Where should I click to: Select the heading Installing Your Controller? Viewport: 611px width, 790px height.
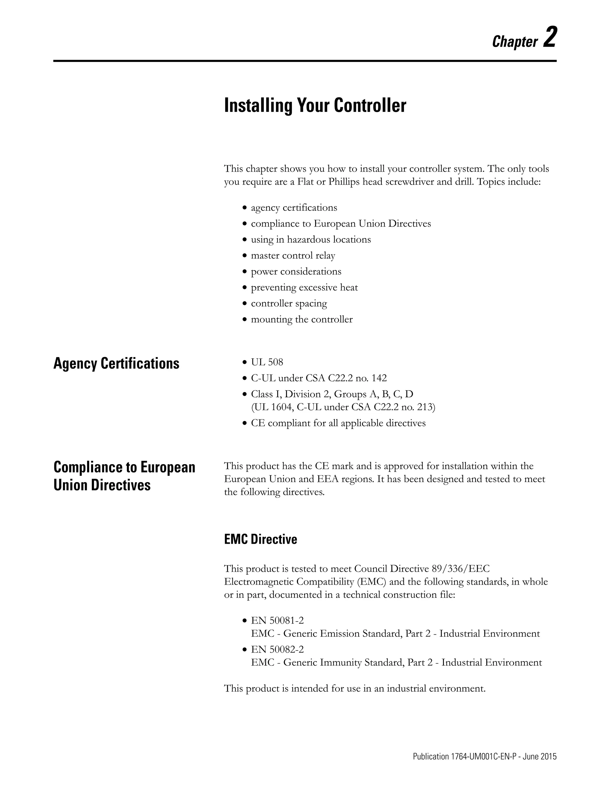[315, 106]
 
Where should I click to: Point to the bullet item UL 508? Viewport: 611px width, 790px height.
[267, 362]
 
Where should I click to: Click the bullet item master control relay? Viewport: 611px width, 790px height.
[293, 256]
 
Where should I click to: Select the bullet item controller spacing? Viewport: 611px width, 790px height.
[289, 303]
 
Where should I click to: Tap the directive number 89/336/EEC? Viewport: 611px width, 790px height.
[460, 569]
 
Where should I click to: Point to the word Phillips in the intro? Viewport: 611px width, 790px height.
[344, 182]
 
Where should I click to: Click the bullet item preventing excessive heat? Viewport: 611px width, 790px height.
[304, 288]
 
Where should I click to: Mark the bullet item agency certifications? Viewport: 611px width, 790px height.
[294, 208]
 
